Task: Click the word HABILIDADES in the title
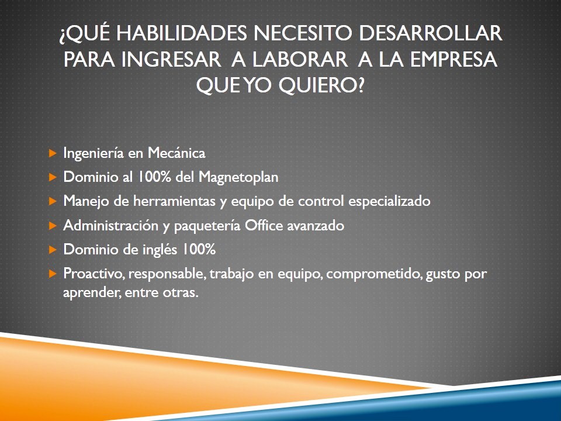click(x=182, y=33)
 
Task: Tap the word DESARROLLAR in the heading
click(x=431, y=33)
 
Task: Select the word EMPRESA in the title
click(x=453, y=60)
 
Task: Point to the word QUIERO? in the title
click(x=321, y=86)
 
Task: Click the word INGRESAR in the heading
click(x=171, y=60)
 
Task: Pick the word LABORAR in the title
click(x=300, y=60)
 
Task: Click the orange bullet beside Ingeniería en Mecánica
click(x=53, y=154)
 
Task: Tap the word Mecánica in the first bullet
click(x=176, y=153)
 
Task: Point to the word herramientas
click(x=174, y=201)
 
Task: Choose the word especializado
click(x=389, y=202)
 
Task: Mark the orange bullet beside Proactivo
click(x=53, y=274)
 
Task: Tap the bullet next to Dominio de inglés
click(x=53, y=250)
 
